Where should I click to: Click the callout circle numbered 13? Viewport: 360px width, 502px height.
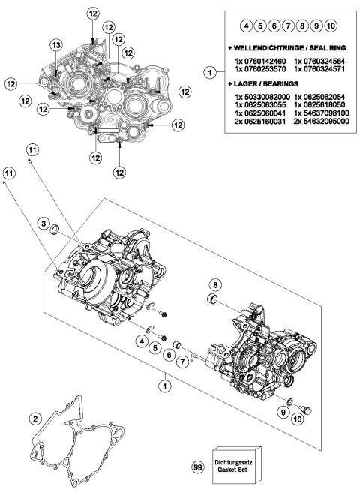(x=55, y=47)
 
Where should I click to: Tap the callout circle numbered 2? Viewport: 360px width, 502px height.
(x=35, y=418)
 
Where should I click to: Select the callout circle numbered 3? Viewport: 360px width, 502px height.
(x=44, y=225)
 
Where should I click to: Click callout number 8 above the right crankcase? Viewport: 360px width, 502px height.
(x=215, y=285)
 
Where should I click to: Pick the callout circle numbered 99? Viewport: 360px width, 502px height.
(x=198, y=467)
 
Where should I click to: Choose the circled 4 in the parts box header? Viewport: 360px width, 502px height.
(x=246, y=26)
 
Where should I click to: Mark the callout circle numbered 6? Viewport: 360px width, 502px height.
(x=169, y=353)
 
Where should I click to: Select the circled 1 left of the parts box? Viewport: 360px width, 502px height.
(x=210, y=72)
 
